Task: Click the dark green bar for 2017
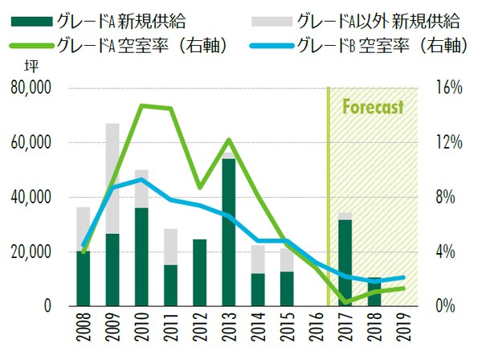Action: (x=345, y=263)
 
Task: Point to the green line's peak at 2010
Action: (x=141, y=105)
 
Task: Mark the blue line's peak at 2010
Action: (x=141, y=179)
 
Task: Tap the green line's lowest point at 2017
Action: (x=345, y=302)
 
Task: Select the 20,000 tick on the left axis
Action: (x=30, y=252)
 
